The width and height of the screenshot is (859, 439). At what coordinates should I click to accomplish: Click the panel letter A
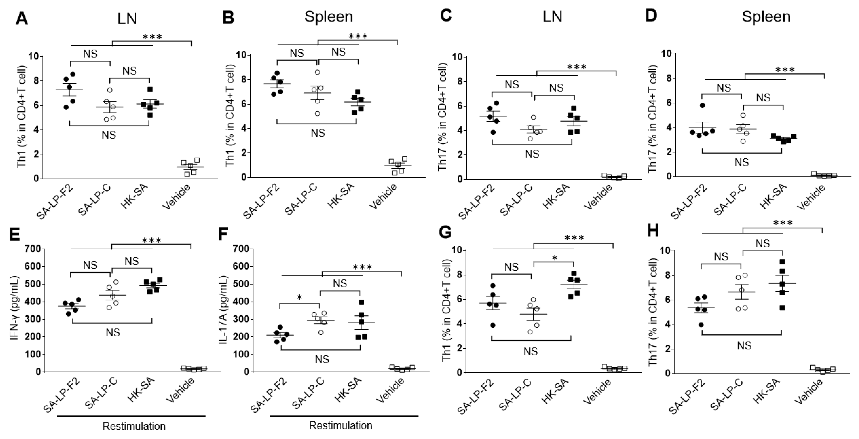point(22,18)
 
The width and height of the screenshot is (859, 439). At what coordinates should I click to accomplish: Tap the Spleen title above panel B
point(328,17)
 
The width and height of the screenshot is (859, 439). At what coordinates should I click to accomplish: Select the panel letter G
point(446,232)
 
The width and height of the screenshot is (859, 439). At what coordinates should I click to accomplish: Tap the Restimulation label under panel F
point(341,426)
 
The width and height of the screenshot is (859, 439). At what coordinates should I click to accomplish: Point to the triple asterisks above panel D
point(785,70)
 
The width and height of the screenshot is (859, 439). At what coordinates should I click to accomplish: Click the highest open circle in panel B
point(318,72)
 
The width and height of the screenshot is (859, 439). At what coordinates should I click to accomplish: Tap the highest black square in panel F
point(361,302)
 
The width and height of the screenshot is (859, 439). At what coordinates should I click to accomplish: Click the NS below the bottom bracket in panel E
point(113,332)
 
